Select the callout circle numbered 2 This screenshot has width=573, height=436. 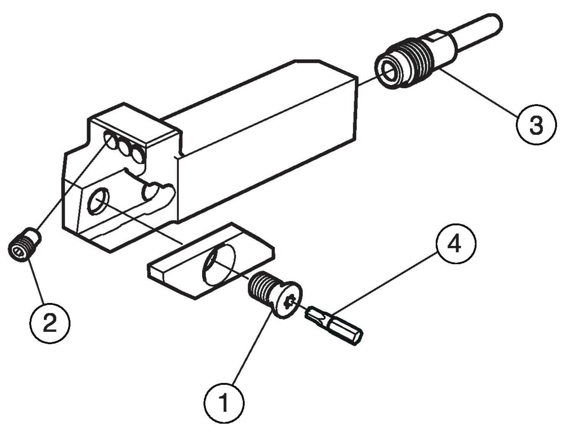click(50, 323)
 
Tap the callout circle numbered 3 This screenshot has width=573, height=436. click(536, 124)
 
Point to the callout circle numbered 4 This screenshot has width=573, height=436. click(455, 243)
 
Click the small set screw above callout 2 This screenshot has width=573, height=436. click(24, 244)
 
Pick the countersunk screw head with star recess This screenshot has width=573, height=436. click(288, 300)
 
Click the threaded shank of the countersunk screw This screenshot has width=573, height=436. click(261, 286)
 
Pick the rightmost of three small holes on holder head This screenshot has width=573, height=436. click(137, 155)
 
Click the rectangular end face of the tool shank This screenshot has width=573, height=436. click(356, 111)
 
